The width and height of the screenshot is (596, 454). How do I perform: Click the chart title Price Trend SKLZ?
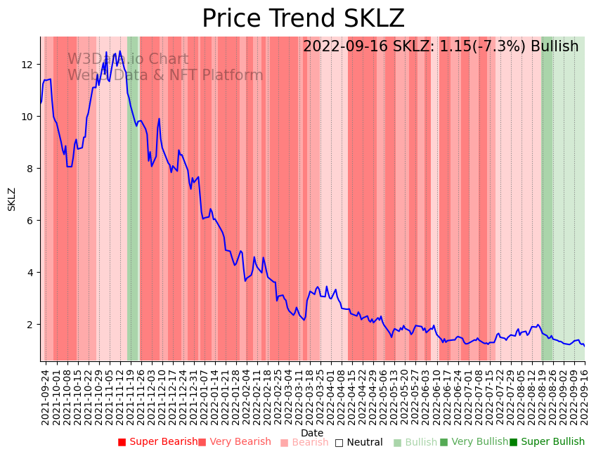(303, 19)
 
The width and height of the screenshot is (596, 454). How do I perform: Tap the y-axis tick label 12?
(27, 65)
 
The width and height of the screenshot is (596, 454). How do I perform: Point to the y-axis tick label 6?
(30, 221)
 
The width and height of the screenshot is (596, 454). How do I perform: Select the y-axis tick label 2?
(30, 325)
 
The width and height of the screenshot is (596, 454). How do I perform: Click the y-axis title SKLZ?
(12, 199)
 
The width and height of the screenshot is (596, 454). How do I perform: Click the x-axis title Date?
(312, 433)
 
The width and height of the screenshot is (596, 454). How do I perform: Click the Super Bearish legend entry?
(157, 442)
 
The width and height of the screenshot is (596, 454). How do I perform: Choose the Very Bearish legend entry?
(234, 442)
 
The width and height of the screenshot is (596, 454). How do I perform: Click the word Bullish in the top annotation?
(555, 46)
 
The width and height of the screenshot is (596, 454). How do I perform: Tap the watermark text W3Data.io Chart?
(128, 60)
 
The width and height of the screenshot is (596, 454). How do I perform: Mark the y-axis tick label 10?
(27, 117)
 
